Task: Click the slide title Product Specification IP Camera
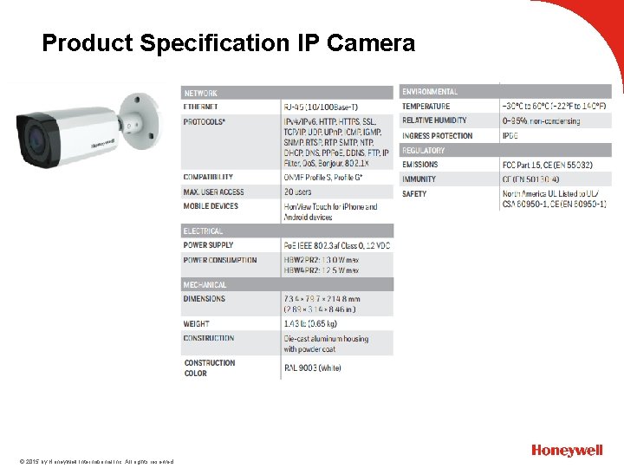point(229,42)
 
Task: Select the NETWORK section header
point(201,93)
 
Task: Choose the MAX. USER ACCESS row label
point(214,192)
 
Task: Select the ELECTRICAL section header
point(204,231)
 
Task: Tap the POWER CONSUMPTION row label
point(220,260)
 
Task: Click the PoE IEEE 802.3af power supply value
point(337,245)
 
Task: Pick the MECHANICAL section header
point(205,285)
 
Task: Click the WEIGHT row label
point(198,324)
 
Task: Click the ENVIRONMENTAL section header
point(431,92)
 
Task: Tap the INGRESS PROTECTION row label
point(438,136)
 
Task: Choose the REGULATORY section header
point(424,151)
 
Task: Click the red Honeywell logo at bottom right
point(567,451)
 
